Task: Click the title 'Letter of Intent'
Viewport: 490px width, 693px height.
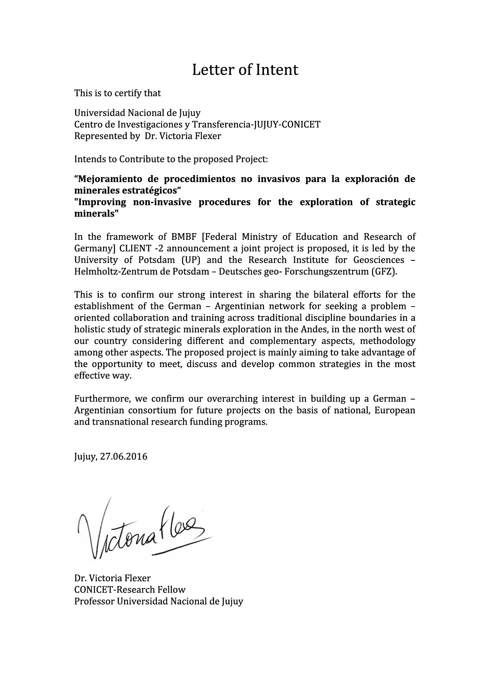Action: click(x=245, y=70)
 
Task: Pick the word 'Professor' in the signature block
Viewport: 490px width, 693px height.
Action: click(x=94, y=602)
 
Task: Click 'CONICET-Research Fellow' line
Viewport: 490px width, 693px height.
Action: click(x=130, y=590)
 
